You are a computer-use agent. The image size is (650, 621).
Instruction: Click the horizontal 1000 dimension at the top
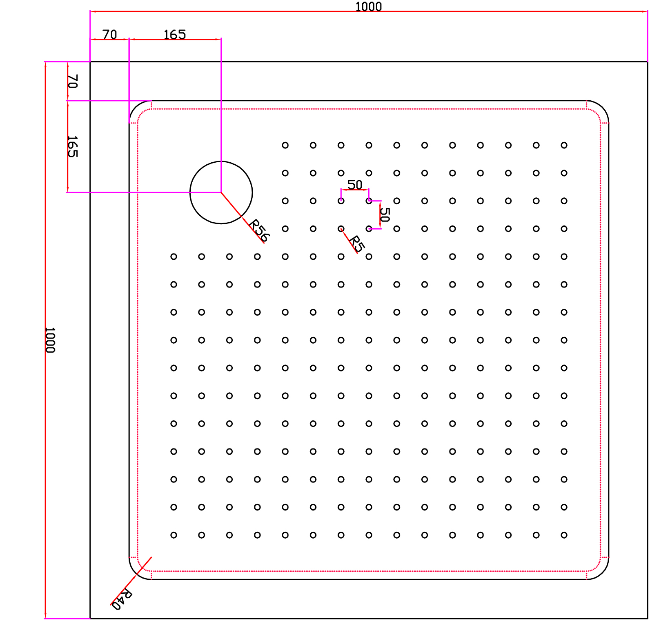[x=368, y=7]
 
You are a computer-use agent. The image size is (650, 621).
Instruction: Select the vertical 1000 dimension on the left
[x=50, y=340]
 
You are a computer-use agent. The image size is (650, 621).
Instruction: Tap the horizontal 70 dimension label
[x=109, y=34]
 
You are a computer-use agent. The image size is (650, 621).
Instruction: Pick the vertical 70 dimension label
[x=72, y=81]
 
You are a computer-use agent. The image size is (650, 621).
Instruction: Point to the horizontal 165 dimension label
[x=175, y=34]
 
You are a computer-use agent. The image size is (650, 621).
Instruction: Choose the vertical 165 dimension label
[x=72, y=146]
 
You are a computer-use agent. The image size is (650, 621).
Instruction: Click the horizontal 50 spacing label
[x=354, y=185]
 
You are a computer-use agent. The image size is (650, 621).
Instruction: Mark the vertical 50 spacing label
[x=385, y=214]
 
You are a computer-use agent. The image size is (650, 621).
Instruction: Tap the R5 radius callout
[x=356, y=243]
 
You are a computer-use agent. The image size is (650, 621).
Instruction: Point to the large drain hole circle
[x=221, y=192]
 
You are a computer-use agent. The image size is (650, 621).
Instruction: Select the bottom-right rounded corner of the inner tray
[x=601, y=572]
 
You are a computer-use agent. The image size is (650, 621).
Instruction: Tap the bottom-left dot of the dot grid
[x=174, y=535]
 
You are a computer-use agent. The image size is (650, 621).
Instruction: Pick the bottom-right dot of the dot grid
[x=564, y=535]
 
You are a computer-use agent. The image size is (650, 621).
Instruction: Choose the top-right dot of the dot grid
[x=564, y=145]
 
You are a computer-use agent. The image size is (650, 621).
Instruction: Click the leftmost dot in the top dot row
[x=285, y=145]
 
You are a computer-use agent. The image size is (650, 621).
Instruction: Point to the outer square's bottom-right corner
[x=647, y=618]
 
